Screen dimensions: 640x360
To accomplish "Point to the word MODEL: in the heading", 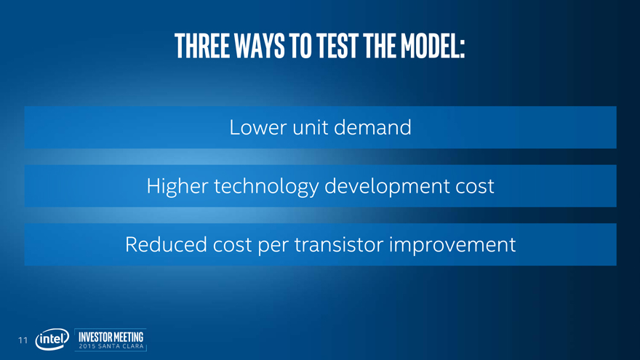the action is (433, 46).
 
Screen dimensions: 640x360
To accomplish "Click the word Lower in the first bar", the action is (258, 127).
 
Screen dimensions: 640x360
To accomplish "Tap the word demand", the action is (372, 127).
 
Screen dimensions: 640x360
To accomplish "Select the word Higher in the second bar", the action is (177, 186).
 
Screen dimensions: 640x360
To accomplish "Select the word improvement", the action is (452, 245).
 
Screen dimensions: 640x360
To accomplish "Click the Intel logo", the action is (52, 339).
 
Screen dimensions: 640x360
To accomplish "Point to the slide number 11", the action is (23, 340).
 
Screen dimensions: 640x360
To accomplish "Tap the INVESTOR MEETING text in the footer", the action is (111, 337).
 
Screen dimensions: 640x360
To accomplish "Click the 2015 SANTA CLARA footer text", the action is (111, 346).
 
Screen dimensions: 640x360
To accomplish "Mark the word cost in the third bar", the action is (232, 245).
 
